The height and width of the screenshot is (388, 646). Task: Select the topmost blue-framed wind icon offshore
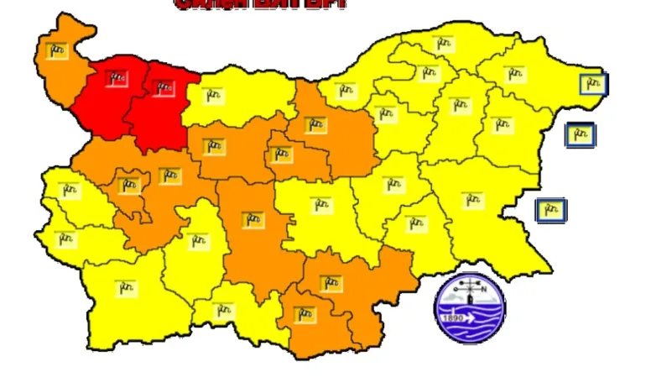click(x=593, y=84)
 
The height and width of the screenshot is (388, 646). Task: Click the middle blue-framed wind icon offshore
click(x=580, y=134)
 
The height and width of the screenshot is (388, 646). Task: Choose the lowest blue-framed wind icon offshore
click(x=550, y=210)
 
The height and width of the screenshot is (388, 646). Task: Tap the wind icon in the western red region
click(x=116, y=79)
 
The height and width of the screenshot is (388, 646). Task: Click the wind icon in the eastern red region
click(x=162, y=86)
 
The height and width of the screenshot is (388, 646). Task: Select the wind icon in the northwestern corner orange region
click(x=57, y=50)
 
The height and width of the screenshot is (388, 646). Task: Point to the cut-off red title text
click(x=260, y=4)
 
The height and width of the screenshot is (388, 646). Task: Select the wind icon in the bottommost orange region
click(x=305, y=316)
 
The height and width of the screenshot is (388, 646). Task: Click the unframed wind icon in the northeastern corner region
click(x=515, y=73)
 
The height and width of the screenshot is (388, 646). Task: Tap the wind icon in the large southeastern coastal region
click(x=474, y=201)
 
